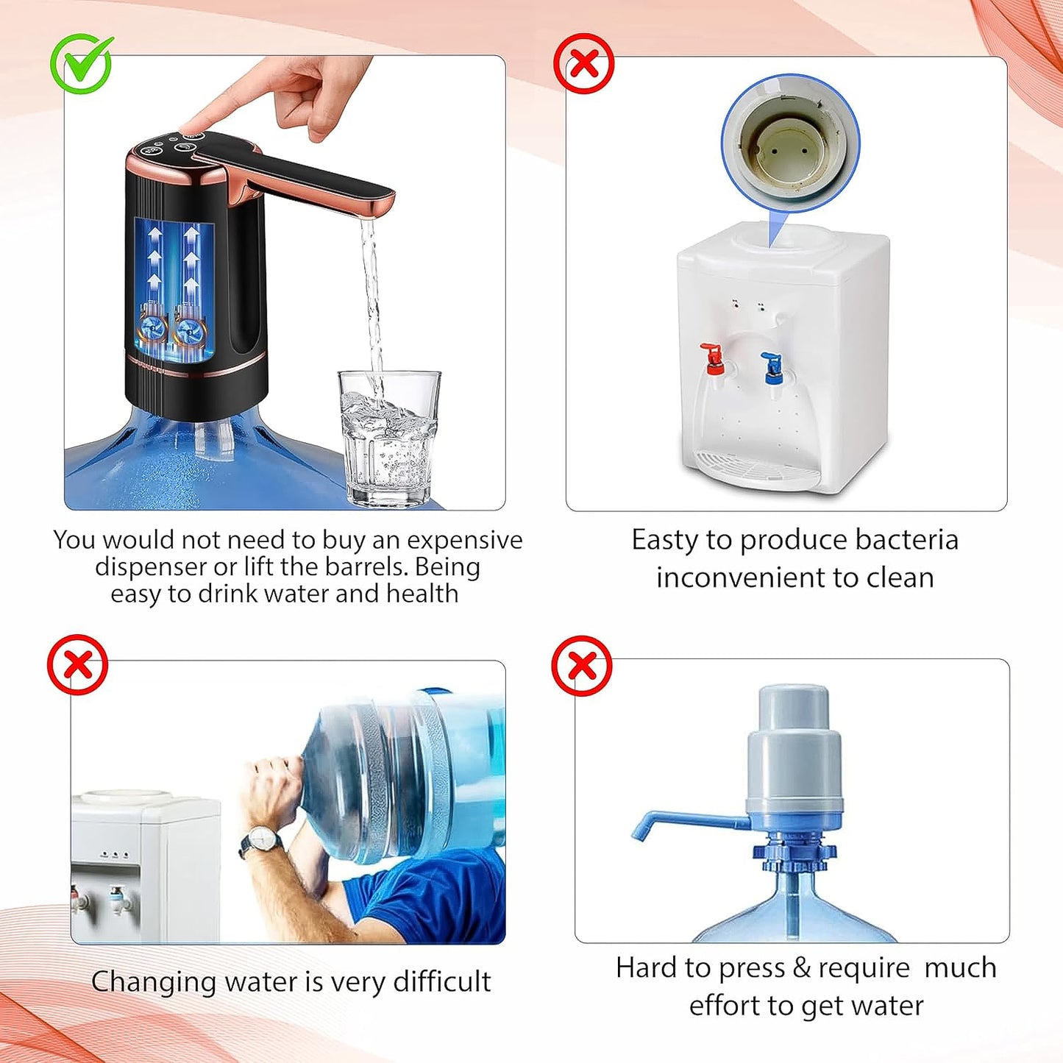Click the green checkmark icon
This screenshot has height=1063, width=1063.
point(82,64)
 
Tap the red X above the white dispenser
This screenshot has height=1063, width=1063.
point(583,63)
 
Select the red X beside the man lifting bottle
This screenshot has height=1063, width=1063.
point(77,665)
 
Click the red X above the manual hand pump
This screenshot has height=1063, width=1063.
point(582,666)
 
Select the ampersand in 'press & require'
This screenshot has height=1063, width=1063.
point(802,968)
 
